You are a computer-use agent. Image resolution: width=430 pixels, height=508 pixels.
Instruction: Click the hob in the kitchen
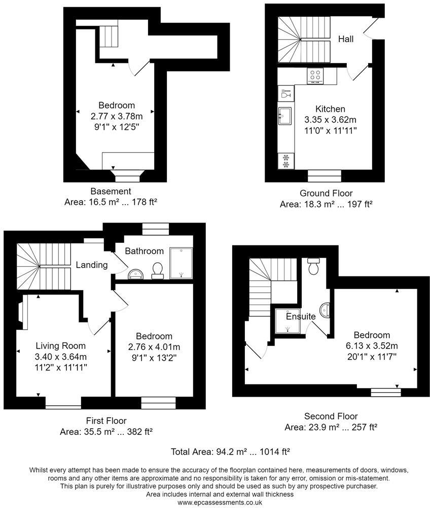click(315, 76)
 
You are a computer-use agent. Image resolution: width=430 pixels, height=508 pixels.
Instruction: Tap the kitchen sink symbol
click(284, 116)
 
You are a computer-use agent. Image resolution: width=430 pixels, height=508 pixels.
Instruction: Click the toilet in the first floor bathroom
click(157, 270)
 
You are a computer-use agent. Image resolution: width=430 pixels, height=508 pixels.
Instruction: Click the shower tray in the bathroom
click(182, 263)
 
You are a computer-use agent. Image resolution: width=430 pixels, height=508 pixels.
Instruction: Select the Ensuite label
click(301, 316)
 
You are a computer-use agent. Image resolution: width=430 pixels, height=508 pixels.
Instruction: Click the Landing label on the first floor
click(91, 265)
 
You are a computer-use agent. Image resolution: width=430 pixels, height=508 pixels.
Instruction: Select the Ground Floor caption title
click(326, 194)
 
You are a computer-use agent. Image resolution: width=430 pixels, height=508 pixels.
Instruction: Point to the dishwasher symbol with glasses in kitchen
click(285, 94)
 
